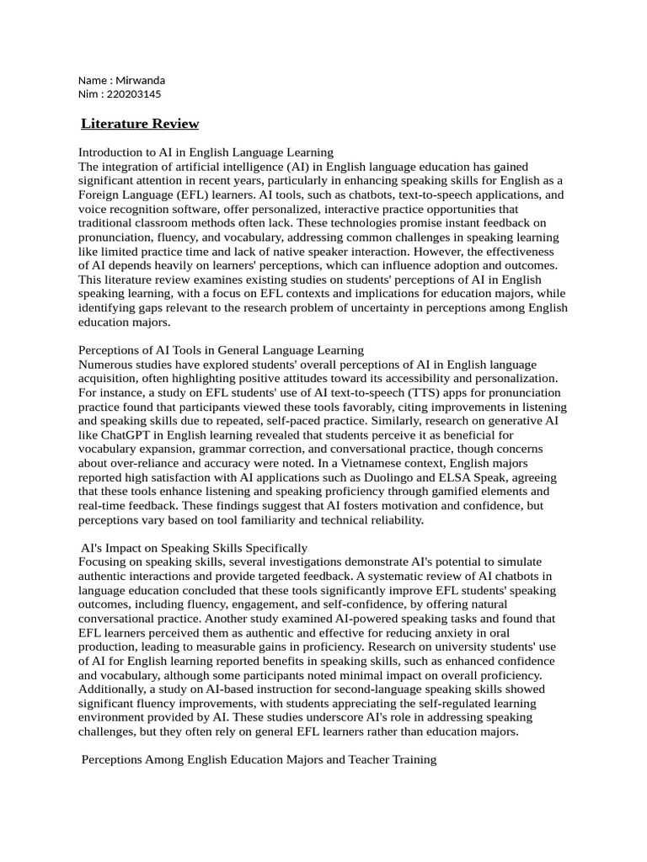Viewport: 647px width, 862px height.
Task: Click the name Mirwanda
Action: [140, 81]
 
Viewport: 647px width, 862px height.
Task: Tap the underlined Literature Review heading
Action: [140, 124]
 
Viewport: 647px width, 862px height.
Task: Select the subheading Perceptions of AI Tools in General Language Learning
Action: [221, 349]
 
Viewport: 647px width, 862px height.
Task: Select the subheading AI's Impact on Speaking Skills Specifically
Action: [195, 548]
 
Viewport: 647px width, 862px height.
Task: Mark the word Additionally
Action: [113, 689]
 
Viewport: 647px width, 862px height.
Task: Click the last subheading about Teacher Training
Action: [259, 759]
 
